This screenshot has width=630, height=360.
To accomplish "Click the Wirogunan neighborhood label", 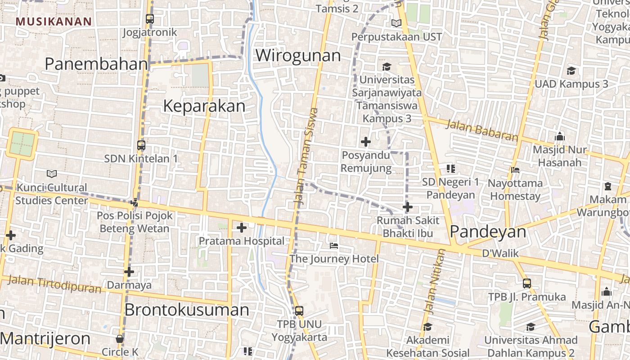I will [x=298, y=56].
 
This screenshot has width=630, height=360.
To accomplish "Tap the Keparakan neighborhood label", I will [x=204, y=106].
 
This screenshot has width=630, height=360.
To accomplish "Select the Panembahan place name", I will [x=96, y=64].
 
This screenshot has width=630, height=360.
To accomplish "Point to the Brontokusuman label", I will [x=186, y=310].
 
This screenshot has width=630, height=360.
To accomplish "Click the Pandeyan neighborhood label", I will [x=488, y=232].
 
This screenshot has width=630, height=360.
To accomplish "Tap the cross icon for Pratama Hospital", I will [x=242, y=228].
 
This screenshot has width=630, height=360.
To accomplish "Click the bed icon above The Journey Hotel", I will [x=334, y=246].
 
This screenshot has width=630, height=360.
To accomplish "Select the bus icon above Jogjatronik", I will [x=150, y=19].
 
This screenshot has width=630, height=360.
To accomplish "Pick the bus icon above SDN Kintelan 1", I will [x=141, y=145].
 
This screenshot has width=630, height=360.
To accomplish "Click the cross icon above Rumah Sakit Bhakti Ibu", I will [x=407, y=207].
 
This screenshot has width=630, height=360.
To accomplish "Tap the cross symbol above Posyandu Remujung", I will [x=366, y=142].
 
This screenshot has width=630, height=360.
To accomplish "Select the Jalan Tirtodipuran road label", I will [x=55, y=284].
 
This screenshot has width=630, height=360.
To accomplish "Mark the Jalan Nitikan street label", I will [x=434, y=281].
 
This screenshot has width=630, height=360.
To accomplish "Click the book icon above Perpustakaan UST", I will [x=396, y=23].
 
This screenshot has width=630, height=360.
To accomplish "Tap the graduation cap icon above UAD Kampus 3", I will [x=571, y=71].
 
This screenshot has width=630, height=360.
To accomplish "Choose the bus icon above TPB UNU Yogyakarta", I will [x=299, y=310].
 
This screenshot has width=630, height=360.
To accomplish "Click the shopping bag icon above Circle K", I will [x=120, y=339].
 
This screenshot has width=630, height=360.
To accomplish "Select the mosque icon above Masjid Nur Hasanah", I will [x=559, y=136].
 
